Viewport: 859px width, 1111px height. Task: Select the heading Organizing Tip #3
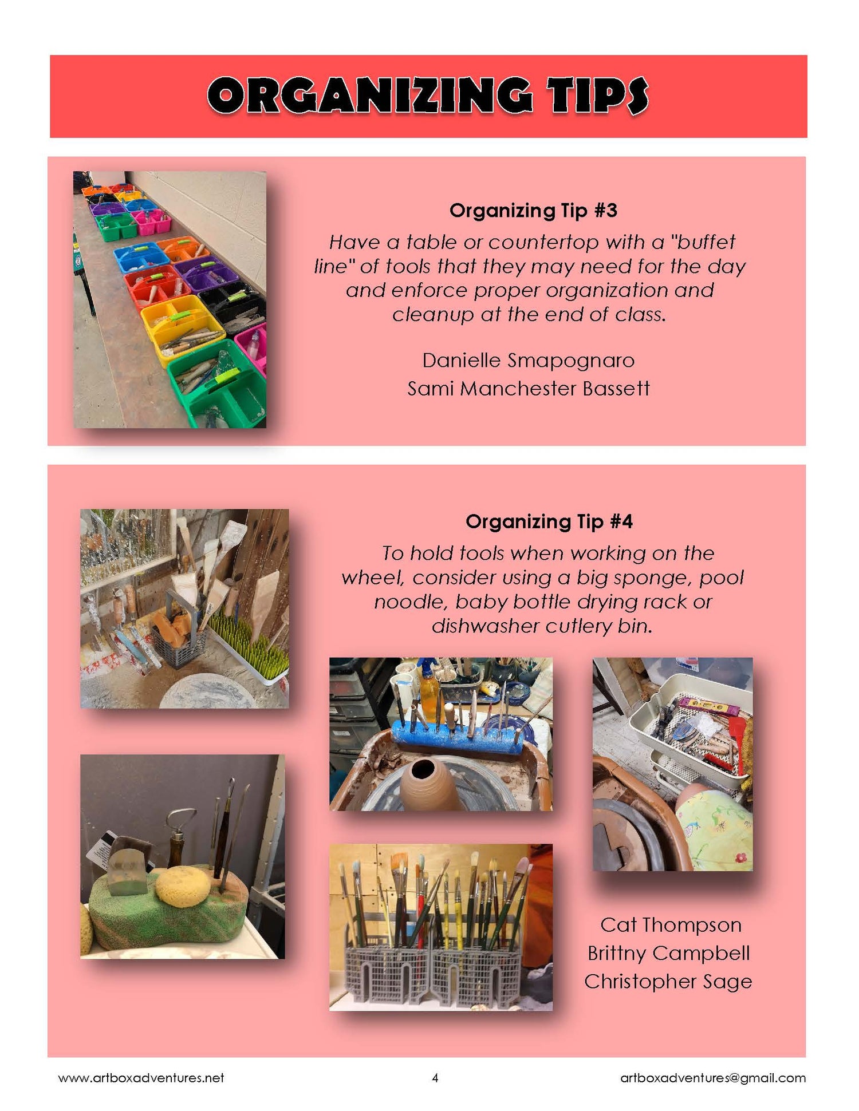tap(533, 211)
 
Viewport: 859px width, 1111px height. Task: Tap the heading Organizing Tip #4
tap(549, 521)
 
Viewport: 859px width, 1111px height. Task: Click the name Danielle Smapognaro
tap(528, 361)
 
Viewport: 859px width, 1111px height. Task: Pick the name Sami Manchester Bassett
tap(528, 389)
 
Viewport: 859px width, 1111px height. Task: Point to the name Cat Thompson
tap(671, 925)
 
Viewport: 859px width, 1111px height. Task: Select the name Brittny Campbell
tap(668, 953)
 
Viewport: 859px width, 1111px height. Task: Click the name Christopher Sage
tap(668, 982)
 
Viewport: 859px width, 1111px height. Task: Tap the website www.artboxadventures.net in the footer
tap(141, 1078)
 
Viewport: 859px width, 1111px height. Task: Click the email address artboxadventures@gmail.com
tap(712, 1078)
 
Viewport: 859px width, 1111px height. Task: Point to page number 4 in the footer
tap(435, 1078)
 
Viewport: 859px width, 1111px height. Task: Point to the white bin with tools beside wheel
tap(690, 727)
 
